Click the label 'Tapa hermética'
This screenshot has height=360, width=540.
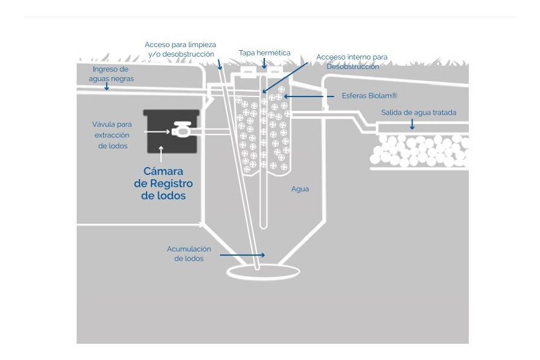click(264, 53)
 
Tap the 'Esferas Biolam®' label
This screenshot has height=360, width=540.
click(361, 96)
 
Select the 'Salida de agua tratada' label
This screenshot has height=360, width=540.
click(418, 113)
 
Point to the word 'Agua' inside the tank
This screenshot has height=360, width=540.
click(300, 189)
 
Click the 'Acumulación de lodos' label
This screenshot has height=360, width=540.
click(189, 253)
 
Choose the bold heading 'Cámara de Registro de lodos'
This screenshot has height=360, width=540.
click(163, 183)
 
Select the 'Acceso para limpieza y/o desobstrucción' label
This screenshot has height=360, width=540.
click(180, 49)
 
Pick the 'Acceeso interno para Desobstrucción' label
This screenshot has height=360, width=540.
click(352, 62)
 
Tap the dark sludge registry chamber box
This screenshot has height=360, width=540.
click(171, 132)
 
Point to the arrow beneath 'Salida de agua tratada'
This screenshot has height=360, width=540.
click(413, 124)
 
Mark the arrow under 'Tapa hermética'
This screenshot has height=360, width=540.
click(264, 63)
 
